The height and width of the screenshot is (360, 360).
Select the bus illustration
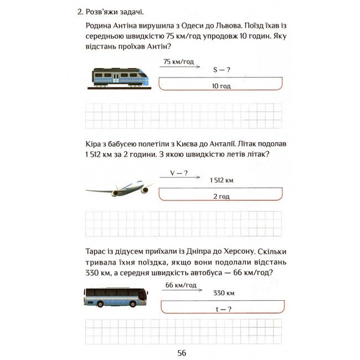pos(116,297)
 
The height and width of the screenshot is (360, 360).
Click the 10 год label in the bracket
pos(222,86)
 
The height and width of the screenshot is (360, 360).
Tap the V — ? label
pos(178,173)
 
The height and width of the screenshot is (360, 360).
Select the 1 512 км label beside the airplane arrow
pos(222,181)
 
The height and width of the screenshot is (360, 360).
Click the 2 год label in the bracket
pos(222,197)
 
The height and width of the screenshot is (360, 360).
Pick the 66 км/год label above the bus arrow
pos(181,285)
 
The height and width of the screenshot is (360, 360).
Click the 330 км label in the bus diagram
pos(224,293)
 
